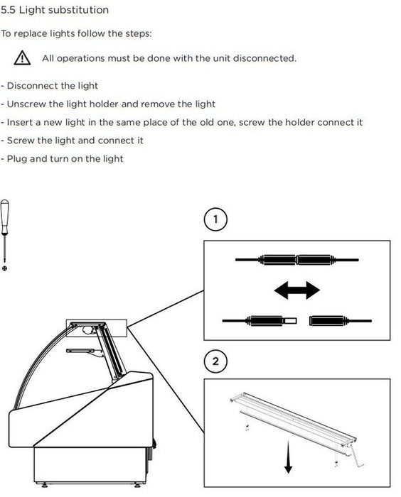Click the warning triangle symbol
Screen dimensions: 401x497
pyautogui.click(x=22, y=58)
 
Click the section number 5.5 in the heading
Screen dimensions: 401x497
pyautogui.click(x=8, y=10)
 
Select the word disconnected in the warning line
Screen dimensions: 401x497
pyautogui.click(x=264, y=58)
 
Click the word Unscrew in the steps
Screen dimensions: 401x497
pyautogui.click(x=26, y=104)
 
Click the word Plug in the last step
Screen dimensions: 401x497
pyautogui.click(x=17, y=159)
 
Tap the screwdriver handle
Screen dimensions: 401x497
pyautogui.click(x=4, y=216)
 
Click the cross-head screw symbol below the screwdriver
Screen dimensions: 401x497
pyautogui.click(x=4, y=268)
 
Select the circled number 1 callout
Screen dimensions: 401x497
pyautogui.click(x=215, y=219)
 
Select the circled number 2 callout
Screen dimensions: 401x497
pyautogui.click(x=215, y=361)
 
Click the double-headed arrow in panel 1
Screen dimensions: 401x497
pyautogui.click(x=297, y=290)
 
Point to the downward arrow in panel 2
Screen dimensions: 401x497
pyautogui.click(x=288, y=457)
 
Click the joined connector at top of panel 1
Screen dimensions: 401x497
pyautogui.click(x=297, y=260)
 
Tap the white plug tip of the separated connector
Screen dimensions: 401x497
pyautogui.click(x=290, y=321)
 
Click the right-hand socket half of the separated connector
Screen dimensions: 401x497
pyautogui.click(x=328, y=321)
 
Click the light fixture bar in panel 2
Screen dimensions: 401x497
pyautogui.click(x=293, y=418)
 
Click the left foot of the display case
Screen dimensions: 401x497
pyautogui.click(x=45, y=485)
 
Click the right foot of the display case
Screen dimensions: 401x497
pyautogui.click(x=137, y=485)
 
